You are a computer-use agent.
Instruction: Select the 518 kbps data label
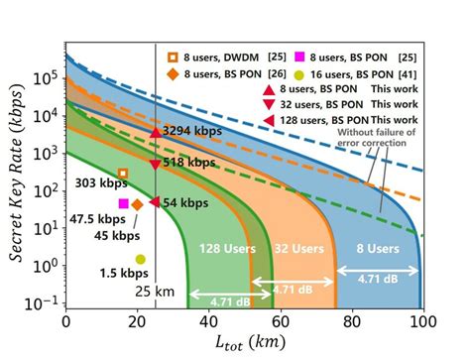pos(188,162)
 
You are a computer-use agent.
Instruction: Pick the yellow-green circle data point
pos(140,259)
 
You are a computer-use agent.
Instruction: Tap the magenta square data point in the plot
pos(124,203)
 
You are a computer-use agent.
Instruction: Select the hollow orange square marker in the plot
pos(123,174)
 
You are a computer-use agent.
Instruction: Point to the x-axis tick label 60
pos(281,321)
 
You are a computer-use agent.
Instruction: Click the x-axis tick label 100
pos(423,321)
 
